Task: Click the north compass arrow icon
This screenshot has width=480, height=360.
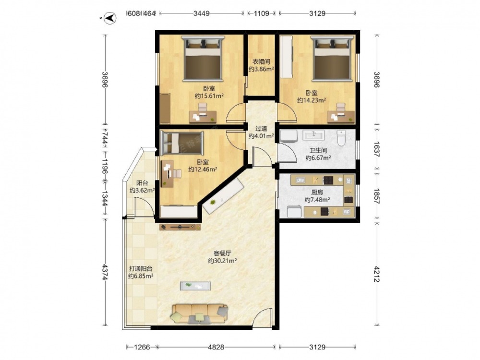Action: (110, 18)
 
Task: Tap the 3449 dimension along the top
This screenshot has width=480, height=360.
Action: (202, 13)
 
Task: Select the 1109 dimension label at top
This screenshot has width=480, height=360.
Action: (262, 13)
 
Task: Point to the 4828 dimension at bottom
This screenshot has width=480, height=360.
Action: (216, 347)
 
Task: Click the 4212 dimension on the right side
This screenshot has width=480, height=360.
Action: (377, 274)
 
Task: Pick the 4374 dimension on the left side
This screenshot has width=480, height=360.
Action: (105, 272)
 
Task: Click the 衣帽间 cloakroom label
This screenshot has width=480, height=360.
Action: (261, 62)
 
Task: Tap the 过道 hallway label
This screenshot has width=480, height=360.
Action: (261, 129)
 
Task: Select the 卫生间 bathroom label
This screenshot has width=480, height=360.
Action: (318, 151)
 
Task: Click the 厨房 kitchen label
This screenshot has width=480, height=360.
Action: (317, 192)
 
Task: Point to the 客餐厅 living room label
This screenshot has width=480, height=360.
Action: (222, 253)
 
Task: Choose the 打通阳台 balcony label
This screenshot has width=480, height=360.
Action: (141, 269)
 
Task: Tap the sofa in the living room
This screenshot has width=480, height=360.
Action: (200, 313)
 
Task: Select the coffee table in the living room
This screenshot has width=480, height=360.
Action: (195, 286)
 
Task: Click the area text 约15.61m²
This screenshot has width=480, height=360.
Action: (209, 96)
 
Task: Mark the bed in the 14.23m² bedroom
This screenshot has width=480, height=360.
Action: (332, 59)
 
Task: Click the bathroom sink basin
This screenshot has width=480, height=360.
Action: (313, 135)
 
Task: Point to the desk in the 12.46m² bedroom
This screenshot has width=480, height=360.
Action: (168, 174)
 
